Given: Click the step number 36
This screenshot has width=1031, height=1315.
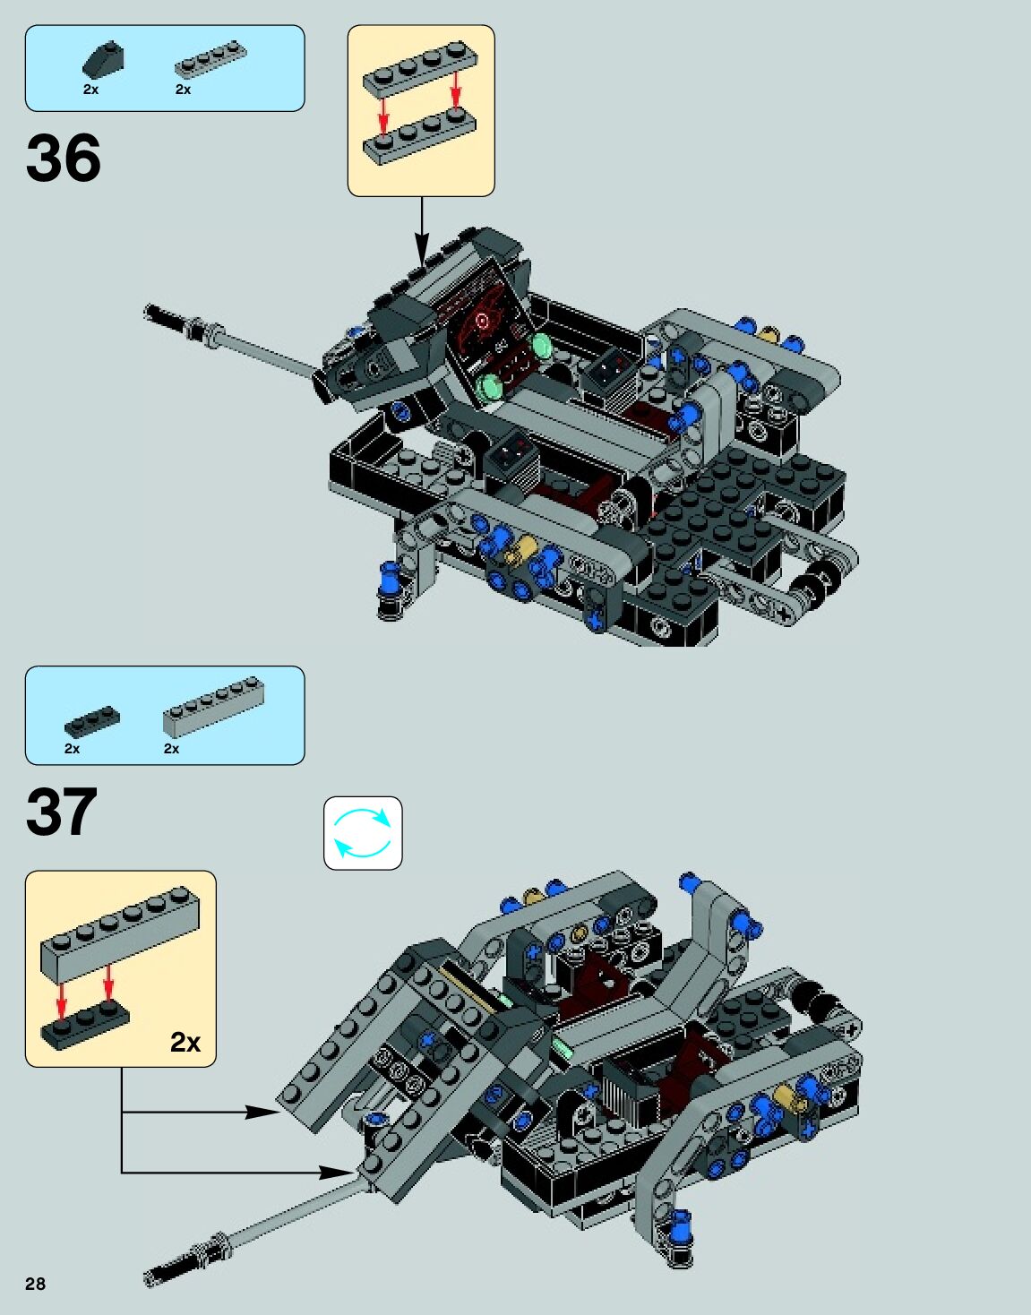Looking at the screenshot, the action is (64, 159).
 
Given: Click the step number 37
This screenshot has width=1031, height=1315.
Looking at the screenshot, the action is (62, 812).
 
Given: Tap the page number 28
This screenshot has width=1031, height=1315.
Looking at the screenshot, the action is (35, 1284).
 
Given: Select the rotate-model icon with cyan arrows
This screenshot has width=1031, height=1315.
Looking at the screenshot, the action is (363, 833).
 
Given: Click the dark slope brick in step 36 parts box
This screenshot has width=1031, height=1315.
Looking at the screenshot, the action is (103, 60).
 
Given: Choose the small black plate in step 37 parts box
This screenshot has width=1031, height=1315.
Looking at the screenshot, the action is (92, 721).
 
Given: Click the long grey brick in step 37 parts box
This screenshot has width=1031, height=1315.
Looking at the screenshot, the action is (213, 707).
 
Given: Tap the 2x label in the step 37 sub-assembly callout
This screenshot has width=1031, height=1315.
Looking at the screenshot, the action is (185, 1042).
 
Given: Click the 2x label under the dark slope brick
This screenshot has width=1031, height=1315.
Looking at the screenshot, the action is (90, 90).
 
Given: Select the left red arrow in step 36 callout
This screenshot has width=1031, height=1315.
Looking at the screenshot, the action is (383, 115).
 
